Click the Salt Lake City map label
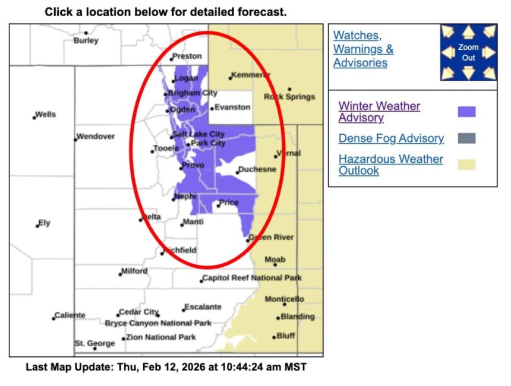pos(198,135)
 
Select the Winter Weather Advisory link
pos(379,112)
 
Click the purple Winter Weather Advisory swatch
pos(466,112)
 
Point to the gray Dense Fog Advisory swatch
pos(466,138)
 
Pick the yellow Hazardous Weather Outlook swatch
pos(466,164)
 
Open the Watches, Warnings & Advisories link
pos(363,49)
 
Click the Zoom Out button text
pos(469,52)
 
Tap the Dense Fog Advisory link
pos(391,138)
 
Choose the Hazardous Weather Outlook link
pos(390,164)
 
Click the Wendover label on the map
pos(96,137)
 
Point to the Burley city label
pos(86,41)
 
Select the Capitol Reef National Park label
pos(252,278)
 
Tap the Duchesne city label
pos(258,170)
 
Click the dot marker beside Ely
pos(37,225)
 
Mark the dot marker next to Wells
pos(34,117)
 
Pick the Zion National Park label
pos(160,337)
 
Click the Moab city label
pos(275,260)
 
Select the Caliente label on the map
pos(70,315)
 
